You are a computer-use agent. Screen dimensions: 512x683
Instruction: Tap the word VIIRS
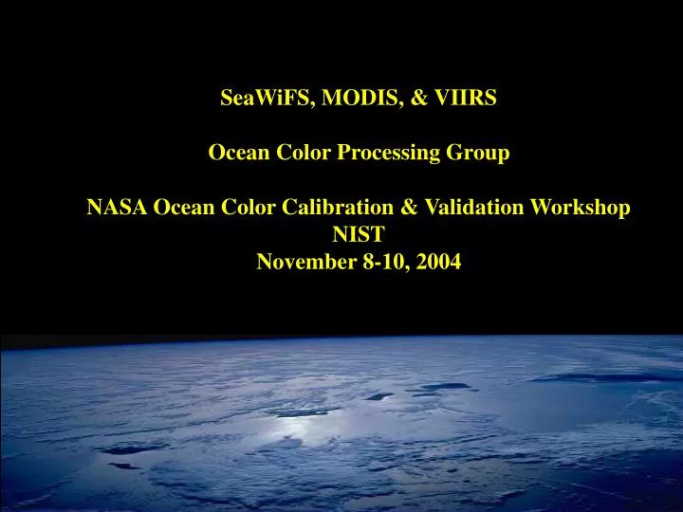coord(466,97)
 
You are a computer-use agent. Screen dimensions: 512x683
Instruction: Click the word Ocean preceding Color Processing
coord(238,153)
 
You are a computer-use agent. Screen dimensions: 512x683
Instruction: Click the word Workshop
coord(585,208)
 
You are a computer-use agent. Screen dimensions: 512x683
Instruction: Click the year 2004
coord(437,263)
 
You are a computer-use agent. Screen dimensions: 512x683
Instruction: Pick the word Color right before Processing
coord(305,153)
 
